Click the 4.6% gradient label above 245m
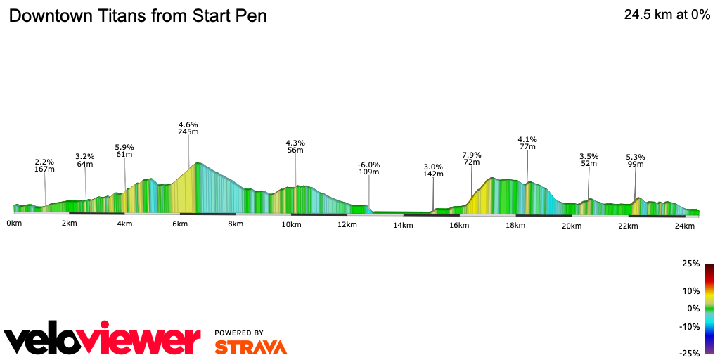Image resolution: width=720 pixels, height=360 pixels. click(188, 124)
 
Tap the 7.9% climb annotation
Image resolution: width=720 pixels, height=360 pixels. click(472, 155)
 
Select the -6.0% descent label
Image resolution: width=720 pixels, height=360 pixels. click(369, 165)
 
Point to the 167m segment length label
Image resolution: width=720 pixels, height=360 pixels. click(45, 169)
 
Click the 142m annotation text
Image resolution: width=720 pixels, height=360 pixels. click(433, 174)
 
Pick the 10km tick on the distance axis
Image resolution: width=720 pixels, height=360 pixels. click(291, 224)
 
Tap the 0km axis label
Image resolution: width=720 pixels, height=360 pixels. click(14, 224)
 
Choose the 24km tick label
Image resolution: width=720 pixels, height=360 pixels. click(684, 226)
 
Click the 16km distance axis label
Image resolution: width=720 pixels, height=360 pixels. click(459, 226)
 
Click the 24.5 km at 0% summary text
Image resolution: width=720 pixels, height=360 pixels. click(667, 15)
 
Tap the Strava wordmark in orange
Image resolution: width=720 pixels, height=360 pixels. click(250, 347)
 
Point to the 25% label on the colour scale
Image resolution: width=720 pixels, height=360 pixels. click(690, 264)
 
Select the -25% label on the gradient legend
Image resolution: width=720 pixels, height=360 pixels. click(689, 353)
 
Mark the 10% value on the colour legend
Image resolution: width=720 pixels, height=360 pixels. click(690, 290)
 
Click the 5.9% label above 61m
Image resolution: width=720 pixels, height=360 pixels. click(125, 147)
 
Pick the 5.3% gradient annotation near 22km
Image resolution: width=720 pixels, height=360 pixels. click(636, 157)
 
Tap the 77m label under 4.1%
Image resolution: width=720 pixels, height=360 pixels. click(527, 146)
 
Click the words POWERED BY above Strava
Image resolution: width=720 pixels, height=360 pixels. click(239, 333)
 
